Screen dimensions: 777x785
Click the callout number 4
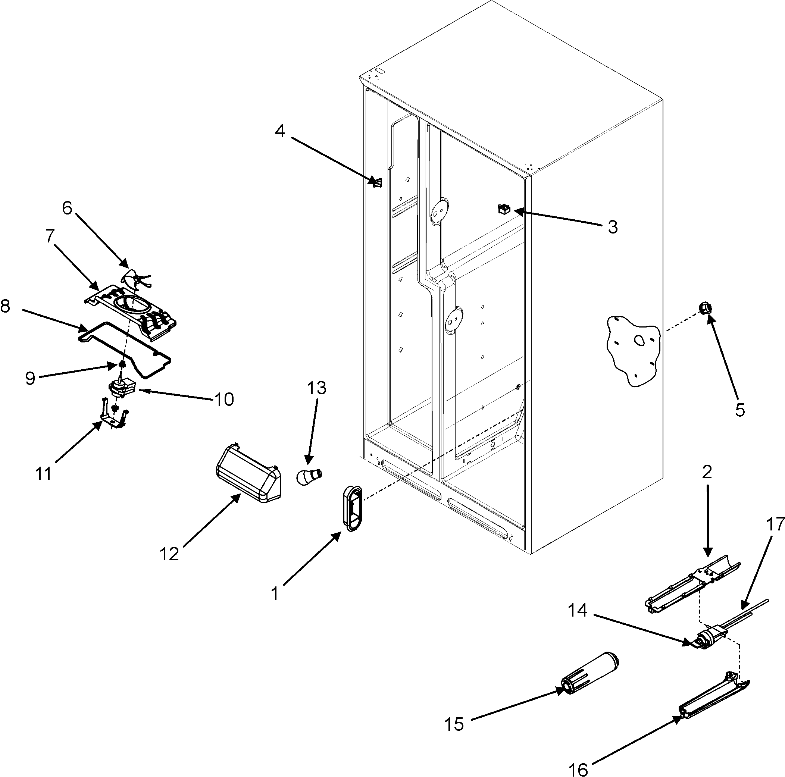click(x=280, y=131)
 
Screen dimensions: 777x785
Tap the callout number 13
click(x=316, y=388)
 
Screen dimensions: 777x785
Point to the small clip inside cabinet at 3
click(x=504, y=209)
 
